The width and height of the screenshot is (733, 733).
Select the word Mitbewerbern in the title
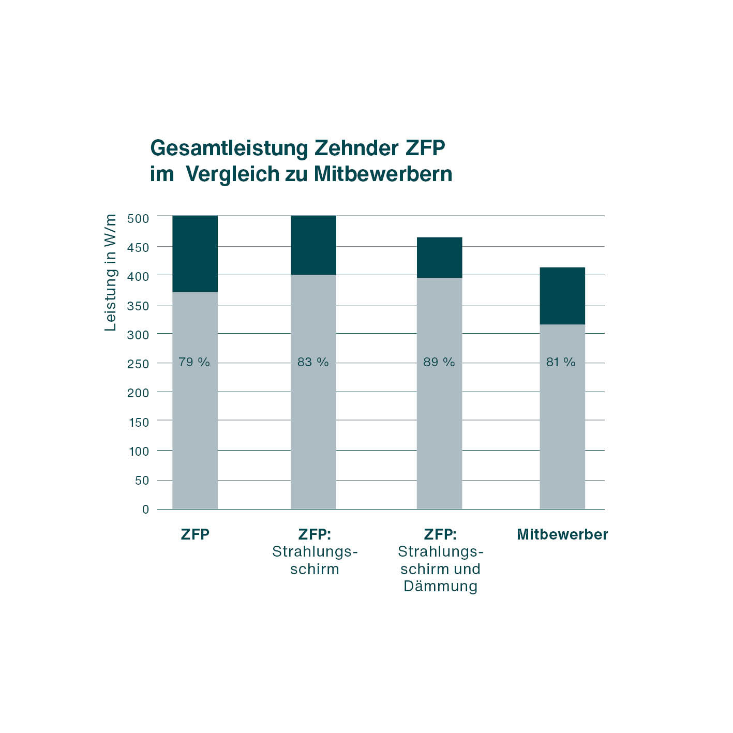[383, 174]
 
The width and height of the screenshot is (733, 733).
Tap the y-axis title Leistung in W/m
[110, 272]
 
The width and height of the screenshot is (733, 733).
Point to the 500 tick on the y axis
[138, 218]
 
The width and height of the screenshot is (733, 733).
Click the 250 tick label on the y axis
[138, 364]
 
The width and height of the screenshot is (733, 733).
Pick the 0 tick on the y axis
[145, 510]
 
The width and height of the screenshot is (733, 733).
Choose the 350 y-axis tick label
[138, 306]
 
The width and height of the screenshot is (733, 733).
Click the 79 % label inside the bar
[194, 362]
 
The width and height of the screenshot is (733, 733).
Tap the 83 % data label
[313, 362]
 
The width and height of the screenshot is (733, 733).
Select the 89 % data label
[439, 362]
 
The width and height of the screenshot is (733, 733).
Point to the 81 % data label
[561, 362]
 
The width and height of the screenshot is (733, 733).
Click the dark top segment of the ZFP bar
[195, 253]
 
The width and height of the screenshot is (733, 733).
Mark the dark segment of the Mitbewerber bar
[562, 296]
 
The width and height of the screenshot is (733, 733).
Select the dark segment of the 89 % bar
[439, 258]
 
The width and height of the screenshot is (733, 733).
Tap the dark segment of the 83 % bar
[313, 245]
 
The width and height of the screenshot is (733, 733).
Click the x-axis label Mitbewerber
[562, 535]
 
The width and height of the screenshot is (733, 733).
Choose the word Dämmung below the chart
[440, 587]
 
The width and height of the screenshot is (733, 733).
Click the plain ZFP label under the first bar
[195, 535]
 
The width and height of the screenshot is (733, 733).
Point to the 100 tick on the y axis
[138, 451]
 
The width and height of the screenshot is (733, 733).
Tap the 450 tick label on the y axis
[138, 247]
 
